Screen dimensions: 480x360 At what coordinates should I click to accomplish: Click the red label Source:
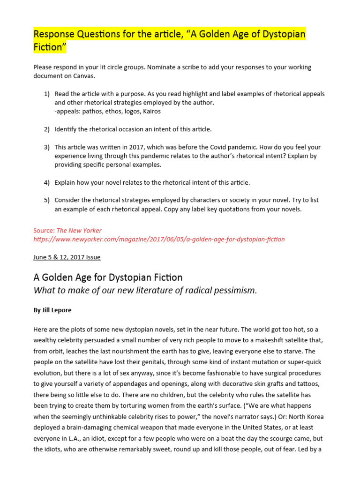point(44,231)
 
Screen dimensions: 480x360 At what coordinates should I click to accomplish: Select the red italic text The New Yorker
point(79,231)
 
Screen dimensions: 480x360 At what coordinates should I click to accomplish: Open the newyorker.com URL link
point(159,239)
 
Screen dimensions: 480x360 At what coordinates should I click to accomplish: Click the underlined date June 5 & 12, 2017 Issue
point(67,257)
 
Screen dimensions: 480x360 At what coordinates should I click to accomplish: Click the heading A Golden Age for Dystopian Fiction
point(108,277)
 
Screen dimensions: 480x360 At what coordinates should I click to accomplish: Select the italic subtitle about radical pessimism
point(145,290)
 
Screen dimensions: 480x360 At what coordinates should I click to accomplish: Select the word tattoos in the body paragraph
point(310,384)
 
